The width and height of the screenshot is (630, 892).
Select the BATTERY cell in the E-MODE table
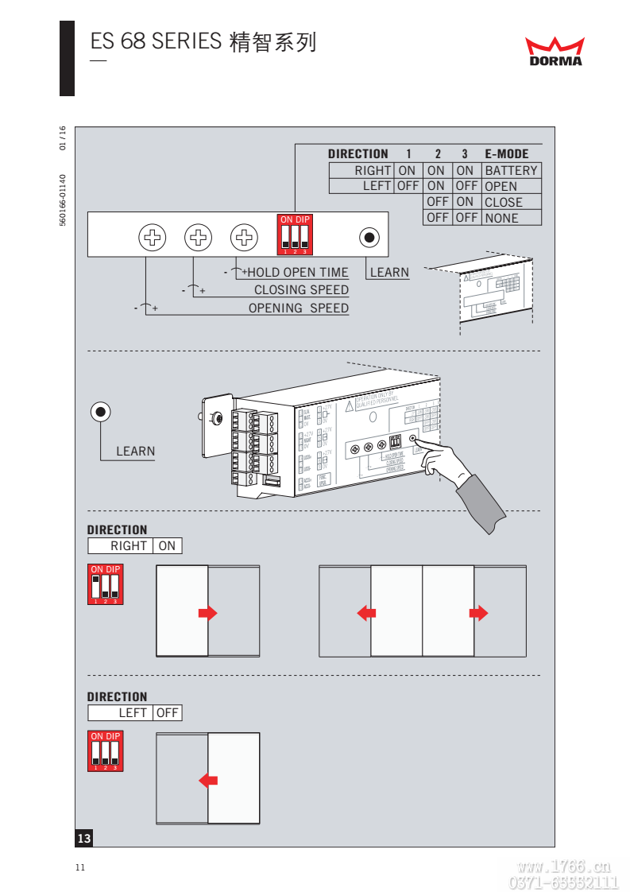tap(511, 170)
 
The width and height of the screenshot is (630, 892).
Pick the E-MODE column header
tap(506, 154)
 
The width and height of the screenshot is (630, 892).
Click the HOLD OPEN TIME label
tap(298, 273)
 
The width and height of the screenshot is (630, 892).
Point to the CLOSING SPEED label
tap(301, 290)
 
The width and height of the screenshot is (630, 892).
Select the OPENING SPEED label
tap(299, 308)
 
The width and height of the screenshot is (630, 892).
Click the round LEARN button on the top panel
tap(369, 237)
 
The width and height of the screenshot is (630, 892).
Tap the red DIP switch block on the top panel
tap(294, 235)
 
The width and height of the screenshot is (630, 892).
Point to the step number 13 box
tap(84, 838)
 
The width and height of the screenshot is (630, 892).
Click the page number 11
tap(79, 867)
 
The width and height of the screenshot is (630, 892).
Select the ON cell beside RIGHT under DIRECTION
tap(167, 546)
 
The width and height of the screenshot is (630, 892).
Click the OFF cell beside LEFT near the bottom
tap(167, 713)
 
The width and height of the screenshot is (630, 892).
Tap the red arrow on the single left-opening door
tap(208, 780)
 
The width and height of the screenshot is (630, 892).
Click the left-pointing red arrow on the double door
tap(366, 613)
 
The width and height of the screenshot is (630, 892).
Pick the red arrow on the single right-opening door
tap(207, 613)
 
